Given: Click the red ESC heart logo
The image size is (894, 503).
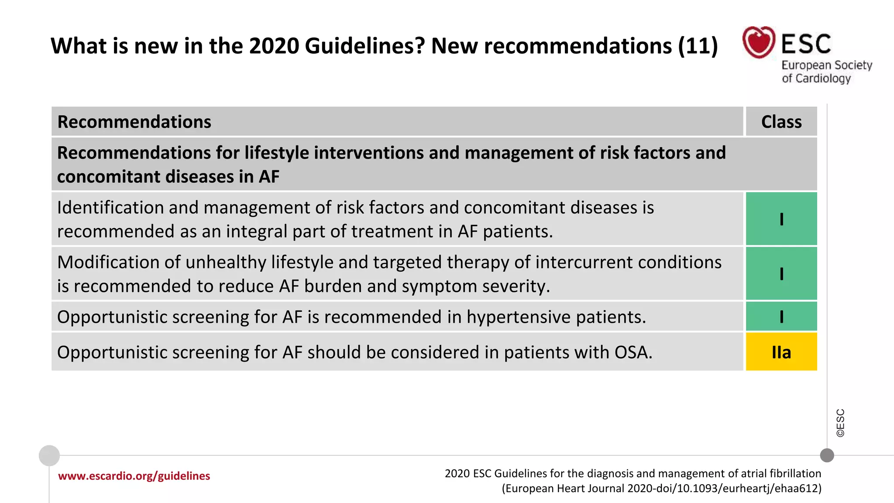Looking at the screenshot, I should [x=759, y=42].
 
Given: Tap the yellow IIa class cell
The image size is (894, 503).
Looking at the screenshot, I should [x=781, y=352].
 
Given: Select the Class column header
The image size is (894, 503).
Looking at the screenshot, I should [x=781, y=122].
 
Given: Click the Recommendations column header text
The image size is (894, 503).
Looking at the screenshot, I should [x=134, y=122].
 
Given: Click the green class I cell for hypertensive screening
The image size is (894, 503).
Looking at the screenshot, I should [x=781, y=317].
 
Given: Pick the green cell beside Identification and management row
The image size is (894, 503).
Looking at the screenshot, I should [x=781, y=219].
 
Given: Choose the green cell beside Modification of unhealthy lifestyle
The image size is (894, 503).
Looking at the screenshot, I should [x=781, y=274].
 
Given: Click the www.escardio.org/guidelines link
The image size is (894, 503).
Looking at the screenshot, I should [x=134, y=476].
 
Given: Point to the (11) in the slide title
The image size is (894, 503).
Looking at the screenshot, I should [x=698, y=46].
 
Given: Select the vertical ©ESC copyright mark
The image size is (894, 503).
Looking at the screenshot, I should [x=840, y=423].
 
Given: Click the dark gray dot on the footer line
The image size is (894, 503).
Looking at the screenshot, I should [x=827, y=455].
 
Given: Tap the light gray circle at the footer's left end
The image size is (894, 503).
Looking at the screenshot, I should [x=49, y=456].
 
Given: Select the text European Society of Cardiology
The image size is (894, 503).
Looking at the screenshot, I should [x=826, y=72].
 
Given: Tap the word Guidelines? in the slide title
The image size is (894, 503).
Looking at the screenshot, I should [x=364, y=46].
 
